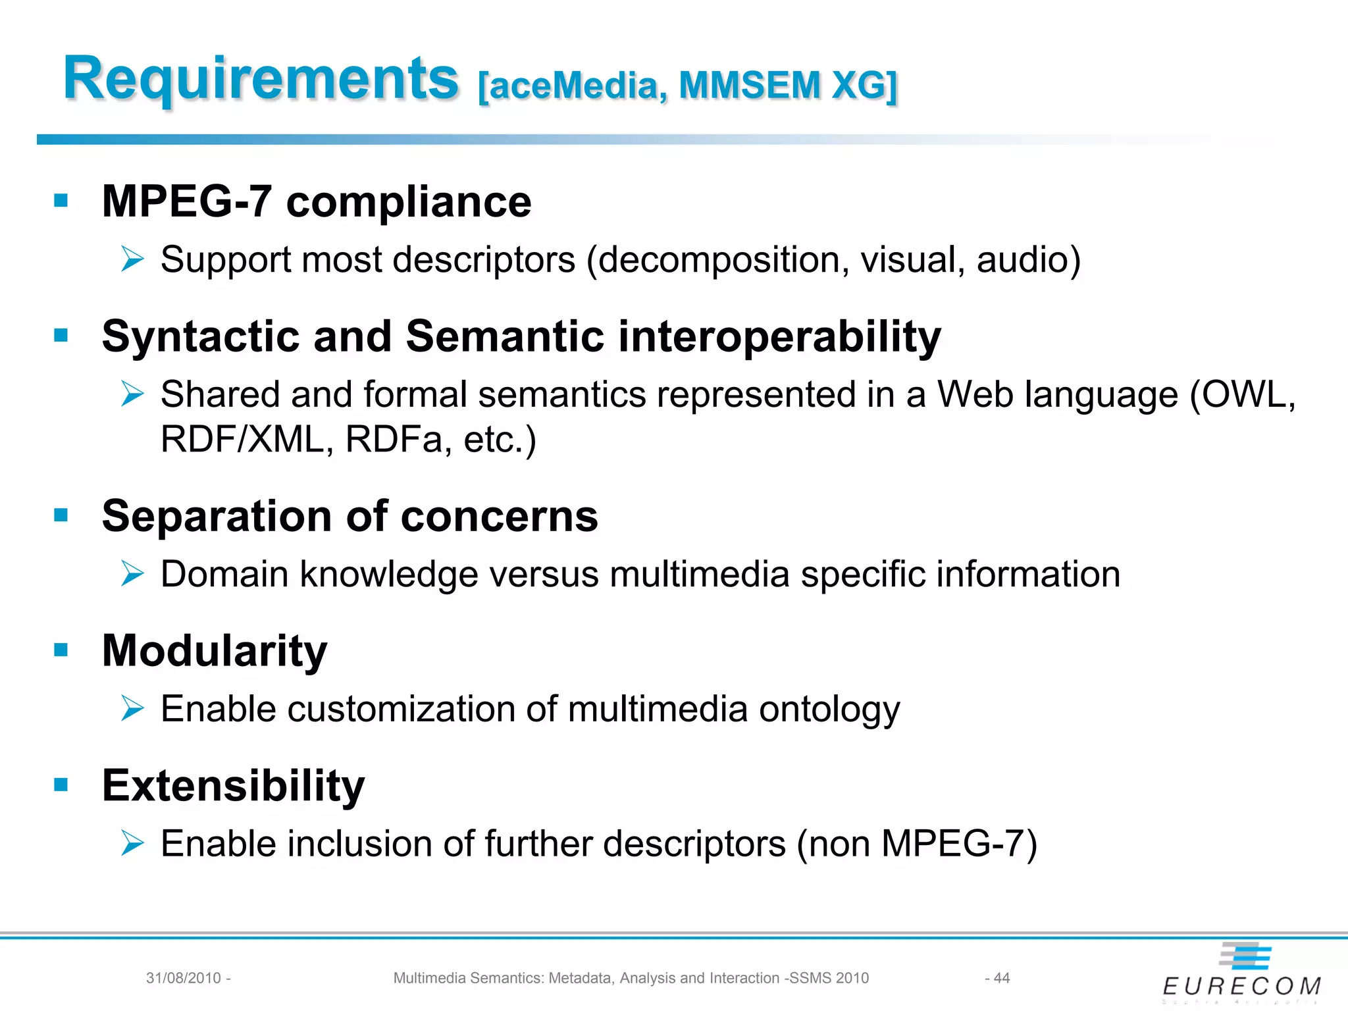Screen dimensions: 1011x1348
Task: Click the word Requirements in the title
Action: [x=261, y=79]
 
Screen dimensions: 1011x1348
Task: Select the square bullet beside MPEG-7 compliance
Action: [x=61, y=200]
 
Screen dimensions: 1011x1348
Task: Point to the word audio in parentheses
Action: [x=1023, y=259]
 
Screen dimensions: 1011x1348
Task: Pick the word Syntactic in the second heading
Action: [x=200, y=336]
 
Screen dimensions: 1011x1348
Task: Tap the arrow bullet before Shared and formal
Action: [x=132, y=394]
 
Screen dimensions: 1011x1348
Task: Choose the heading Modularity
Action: [x=215, y=651]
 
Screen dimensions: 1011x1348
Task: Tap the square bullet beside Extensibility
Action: [x=61, y=784]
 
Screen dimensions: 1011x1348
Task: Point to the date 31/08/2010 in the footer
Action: [x=184, y=978]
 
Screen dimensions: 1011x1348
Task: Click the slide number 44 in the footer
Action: [x=1001, y=978]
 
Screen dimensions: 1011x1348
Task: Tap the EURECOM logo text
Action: [x=1241, y=986]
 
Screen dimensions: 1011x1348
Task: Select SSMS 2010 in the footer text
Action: [x=829, y=978]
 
